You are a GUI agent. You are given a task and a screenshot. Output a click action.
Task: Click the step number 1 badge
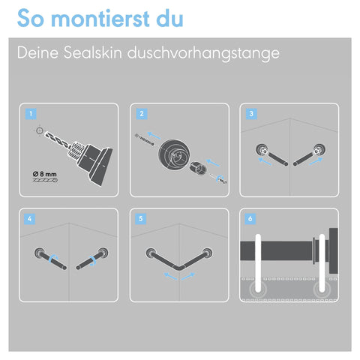[31, 114]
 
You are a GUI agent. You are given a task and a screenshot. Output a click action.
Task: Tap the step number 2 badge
[142, 114]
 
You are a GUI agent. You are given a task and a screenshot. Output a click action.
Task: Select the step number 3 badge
[251, 114]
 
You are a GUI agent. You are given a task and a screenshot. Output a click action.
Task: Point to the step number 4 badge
[29, 219]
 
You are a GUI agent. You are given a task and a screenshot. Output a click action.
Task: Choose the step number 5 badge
[140, 219]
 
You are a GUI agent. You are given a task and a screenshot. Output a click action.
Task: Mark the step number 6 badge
[250, 219]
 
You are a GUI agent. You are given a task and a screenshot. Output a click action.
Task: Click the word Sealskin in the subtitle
[93, 52]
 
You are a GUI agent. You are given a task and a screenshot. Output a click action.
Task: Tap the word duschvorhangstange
[203, 54]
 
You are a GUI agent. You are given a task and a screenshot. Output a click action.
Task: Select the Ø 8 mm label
[45, 174]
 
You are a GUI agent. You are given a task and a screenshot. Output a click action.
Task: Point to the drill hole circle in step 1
[39, 130]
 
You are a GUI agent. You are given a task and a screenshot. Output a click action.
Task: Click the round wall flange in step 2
[174, 155]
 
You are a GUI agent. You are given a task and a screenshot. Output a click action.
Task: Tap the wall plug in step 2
[198, 168]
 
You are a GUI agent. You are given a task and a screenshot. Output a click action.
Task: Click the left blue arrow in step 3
[265, 161]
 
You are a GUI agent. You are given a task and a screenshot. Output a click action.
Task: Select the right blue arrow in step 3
[316, 161]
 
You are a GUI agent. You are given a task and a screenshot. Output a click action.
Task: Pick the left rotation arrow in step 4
[53, 259]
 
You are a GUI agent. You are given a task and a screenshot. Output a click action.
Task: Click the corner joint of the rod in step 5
[179, 268]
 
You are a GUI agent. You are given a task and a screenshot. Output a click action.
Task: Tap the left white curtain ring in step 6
[258, 263]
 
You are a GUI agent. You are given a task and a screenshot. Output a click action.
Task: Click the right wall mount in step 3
[319, 150]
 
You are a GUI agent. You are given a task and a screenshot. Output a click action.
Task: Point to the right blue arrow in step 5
[188, 277]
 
